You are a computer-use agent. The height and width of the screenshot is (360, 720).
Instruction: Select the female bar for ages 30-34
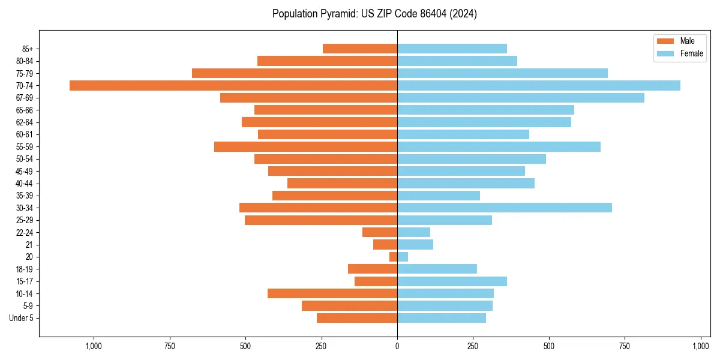click(x=504, y=208)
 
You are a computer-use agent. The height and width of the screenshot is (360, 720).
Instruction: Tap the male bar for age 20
click(x=393, y=257)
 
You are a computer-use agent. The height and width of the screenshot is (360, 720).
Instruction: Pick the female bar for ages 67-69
click(x=520, y=98)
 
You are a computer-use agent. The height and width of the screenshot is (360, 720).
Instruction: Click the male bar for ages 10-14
click(x=332, y=293)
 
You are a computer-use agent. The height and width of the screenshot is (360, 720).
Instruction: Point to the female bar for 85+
click(x=452, y=49)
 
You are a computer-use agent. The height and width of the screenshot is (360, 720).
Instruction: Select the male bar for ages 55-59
click(x=305, y=146)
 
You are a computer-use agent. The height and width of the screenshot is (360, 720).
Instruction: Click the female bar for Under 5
click(x=441, y=318)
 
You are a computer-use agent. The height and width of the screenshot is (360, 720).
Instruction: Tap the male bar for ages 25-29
click(x=320, y=220)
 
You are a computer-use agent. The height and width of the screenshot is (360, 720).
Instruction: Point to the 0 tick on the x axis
click(x=397, y=346)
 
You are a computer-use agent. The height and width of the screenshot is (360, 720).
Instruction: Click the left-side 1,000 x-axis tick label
click(x=93, y=346)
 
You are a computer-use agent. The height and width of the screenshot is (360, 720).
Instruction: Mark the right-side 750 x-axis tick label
click(x=625, y=346)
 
